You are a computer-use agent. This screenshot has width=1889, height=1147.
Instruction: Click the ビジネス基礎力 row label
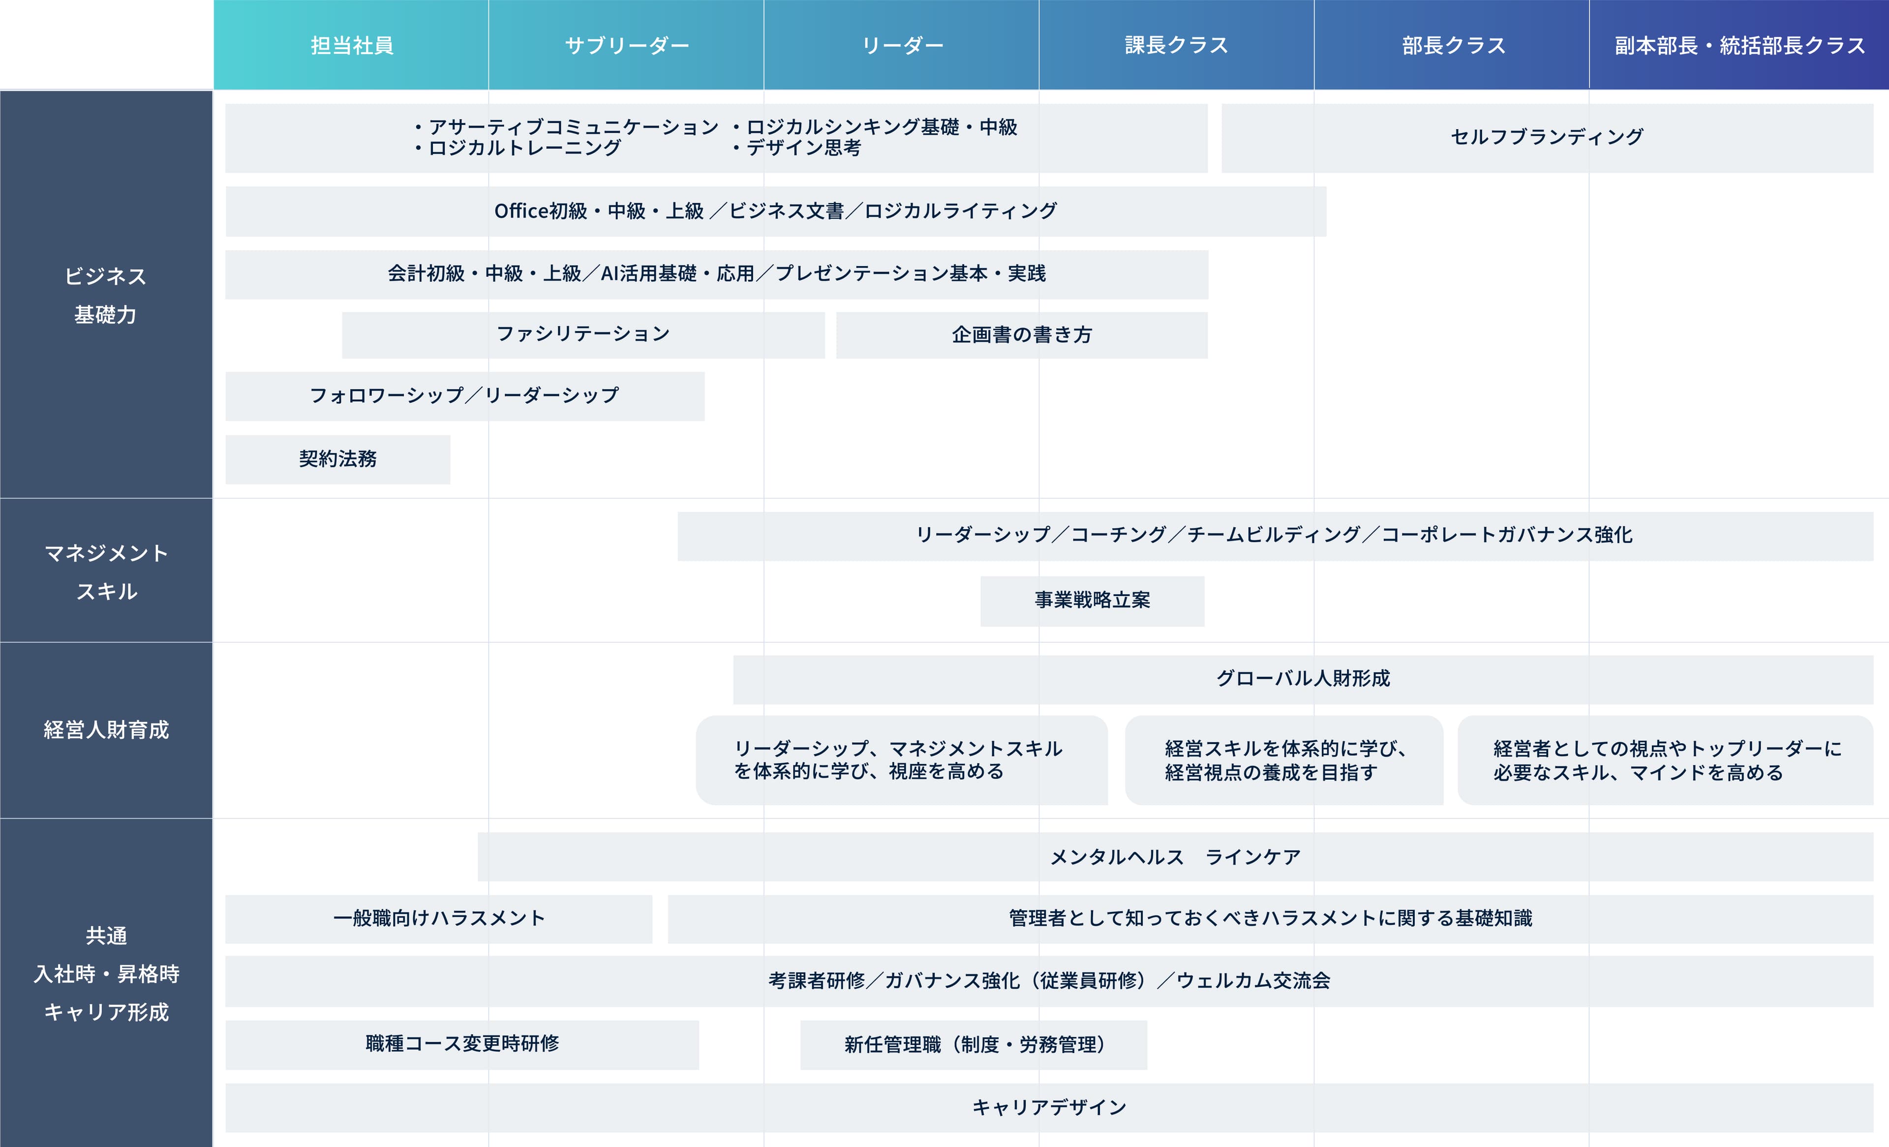[106, 295]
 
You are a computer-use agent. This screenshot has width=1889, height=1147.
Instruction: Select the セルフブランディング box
[1547, 138]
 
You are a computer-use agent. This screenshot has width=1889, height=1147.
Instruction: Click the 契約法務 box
[338, 459]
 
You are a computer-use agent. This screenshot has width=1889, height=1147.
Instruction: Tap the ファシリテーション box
[583, 335]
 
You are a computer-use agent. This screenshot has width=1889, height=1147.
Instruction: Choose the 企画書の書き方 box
[1022, 335]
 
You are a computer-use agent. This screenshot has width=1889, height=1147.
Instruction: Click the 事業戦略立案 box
[1093, 601]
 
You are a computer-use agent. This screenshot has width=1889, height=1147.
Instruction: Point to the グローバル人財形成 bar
[1303, 679]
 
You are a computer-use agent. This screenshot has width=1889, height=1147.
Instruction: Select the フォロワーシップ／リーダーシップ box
[464, 396]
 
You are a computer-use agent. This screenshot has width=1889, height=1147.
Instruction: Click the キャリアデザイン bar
[1050, 1108]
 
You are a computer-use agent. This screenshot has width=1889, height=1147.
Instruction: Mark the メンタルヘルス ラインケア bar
[1175, 857]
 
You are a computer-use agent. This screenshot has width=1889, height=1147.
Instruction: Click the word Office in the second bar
[520, 211]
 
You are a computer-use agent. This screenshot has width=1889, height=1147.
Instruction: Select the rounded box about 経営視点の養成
[1284, 760]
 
